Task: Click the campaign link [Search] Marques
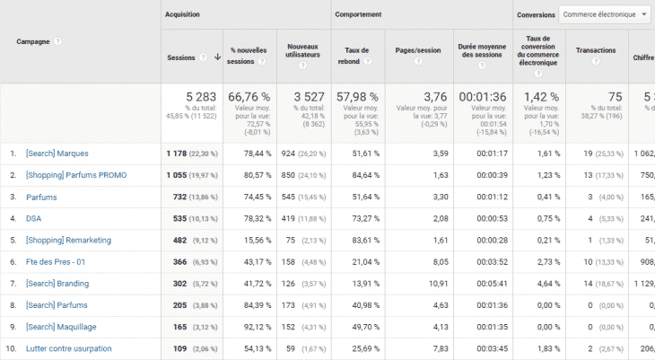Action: (x=57, y=154)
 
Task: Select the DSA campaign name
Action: (x=34, y=218)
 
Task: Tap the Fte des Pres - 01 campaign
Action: (x=57, y=261)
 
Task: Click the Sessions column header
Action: (x=181, y=57)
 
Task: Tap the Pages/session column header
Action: (x=416, y=51)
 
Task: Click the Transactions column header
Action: (x=596, y=51)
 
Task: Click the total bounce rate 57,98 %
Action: (x=357, y=96)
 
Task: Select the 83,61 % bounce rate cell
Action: (x=365, y=240)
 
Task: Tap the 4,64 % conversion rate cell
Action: (x=547, y=283)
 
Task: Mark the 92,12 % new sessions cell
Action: (x=243, y=326)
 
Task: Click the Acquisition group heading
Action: (x=183, y=14)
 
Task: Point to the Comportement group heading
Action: (x=358, y=14)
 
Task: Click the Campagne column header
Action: (x=34, y=41)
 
